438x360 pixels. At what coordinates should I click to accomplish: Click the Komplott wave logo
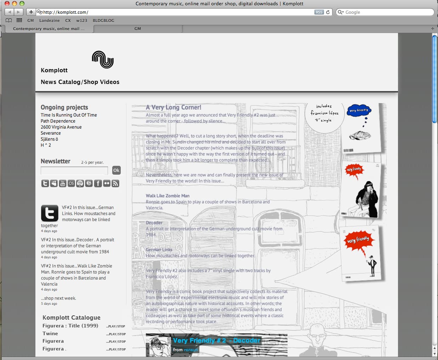pyautogui.click(x=103, y=60)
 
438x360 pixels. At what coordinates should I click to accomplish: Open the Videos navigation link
pyautogui.click(x=109, y=82)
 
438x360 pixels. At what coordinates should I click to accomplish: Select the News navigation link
pyautogui.click(x=49, y=82)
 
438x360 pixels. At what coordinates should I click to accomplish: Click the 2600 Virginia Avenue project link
pyautogui.click(x=61, y=127)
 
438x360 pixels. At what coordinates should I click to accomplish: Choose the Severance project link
pyautogui.click(x=51, y=133)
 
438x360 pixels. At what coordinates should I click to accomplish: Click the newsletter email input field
pyautogui.click(x=74, y=170)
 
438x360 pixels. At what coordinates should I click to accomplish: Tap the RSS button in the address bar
pyautogui.click(x=319, y=12)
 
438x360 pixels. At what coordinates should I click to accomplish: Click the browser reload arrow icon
pyautogui.click(x=328, y=12)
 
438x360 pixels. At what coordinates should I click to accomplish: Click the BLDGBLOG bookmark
pyautogui.click(x=103, y=21)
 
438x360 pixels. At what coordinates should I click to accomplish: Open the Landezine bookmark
pyautogui.click(x=50, y=21)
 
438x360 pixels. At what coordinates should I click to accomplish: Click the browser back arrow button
pyautogui.click(x=9, y=12)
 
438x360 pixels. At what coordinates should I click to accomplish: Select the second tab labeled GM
pyautogui.click(x=138, y=29)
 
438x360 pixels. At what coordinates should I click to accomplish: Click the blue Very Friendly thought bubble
pyautogui.click(x=358, y=111)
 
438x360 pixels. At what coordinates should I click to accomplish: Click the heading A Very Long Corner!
pyautogui.click(x=174, y=107)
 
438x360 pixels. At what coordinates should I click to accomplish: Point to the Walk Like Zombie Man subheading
pyautogui.click(x=167, y=196)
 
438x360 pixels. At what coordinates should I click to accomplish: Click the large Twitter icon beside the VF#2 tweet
pyautogui.click(x=50, y=213)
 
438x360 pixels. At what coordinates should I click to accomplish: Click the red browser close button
pyautogui.click(x=7, y=4)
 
